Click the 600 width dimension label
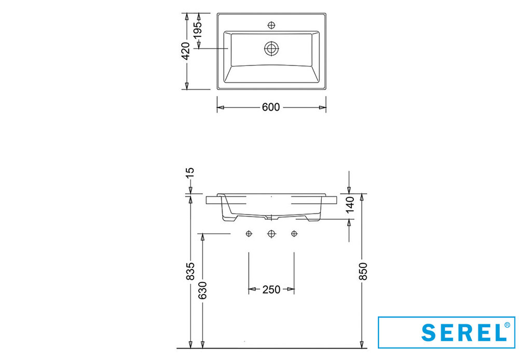271,108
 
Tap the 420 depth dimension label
186,51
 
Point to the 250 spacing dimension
271,289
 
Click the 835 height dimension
190,271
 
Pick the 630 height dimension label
202,290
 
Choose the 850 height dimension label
363,271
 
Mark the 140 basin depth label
349,204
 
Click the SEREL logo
446,332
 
